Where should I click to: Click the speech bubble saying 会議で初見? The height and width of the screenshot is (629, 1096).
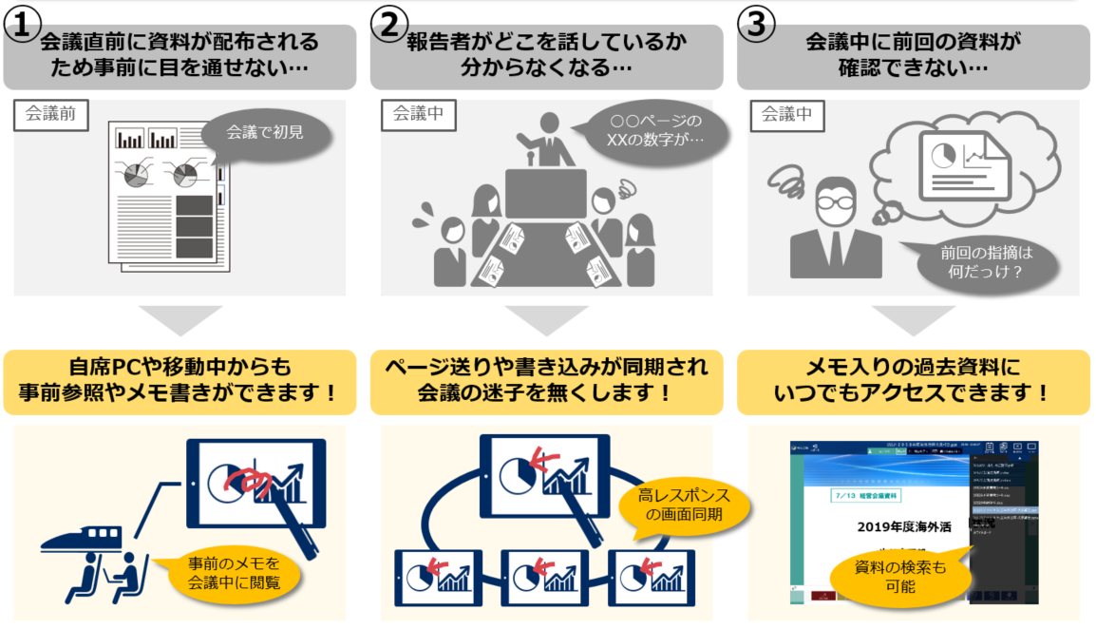(x=265, y=133)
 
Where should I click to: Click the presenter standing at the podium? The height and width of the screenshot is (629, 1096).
(x=550, y=141)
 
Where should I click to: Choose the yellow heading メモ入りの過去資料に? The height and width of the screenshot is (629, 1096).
(x=914, y=380)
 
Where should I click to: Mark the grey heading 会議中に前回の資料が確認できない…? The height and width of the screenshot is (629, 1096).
(x=914, y=55)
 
